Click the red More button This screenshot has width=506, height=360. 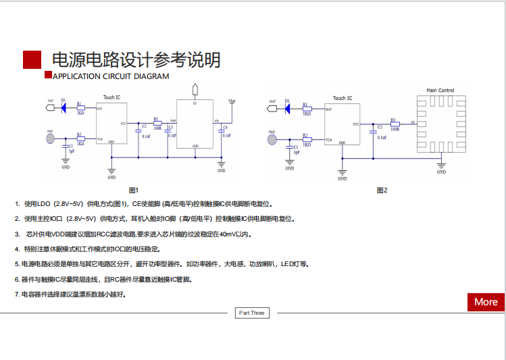[x=486, y=302]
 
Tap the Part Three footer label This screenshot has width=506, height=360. [x=252, y=313]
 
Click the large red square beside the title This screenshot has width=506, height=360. [x=32, y=59]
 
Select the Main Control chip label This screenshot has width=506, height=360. [x=440, y=91]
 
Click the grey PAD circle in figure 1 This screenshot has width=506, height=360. [x=50, y=138]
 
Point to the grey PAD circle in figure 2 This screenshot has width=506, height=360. [x=272, y=140]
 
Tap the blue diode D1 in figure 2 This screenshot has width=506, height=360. [x=287, y=107]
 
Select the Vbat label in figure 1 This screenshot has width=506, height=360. [x=232, y=101]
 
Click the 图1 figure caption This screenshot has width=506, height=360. [x=133, y=190]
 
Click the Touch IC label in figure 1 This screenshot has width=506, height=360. [x=111, y=97]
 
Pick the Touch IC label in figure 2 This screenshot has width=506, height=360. [x=343, y=98]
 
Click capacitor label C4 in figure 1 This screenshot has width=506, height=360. [x=226, y=127]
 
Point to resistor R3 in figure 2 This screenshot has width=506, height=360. [x=395, y=124]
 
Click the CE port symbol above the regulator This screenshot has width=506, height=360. [x=195, y=89]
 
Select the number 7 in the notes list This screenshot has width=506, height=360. [x=16, y=294]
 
